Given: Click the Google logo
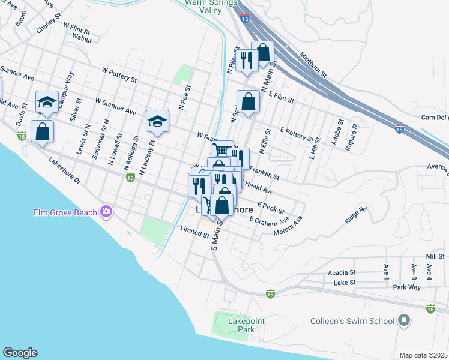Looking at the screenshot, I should tap(20, 353).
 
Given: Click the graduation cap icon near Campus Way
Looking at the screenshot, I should tap(47, 101).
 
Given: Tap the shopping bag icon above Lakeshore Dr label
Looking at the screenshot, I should tap(42, 131).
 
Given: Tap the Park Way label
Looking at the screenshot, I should tap(406, 287).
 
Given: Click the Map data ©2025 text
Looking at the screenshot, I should tap(424, 355).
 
